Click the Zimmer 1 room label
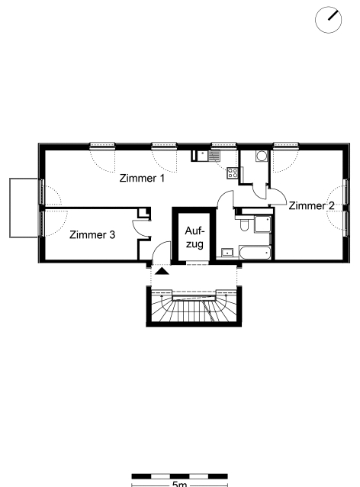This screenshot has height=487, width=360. (142, 179)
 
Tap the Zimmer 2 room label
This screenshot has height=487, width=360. (312, 205)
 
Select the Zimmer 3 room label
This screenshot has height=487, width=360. (92, 234)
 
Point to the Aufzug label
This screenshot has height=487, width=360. (195, 237)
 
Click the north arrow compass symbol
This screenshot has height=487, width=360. (328, 20)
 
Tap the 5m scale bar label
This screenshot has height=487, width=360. (180, 484)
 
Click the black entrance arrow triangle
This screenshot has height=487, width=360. (162, 271)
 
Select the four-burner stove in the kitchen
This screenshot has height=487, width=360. (233, 173)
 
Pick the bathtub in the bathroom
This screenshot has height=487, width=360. (255, 253)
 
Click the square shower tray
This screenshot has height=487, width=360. (262, 224)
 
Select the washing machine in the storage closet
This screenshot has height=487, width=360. (262, 156)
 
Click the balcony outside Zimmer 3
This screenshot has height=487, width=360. (24, 208)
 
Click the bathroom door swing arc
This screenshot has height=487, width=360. (225, 199)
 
